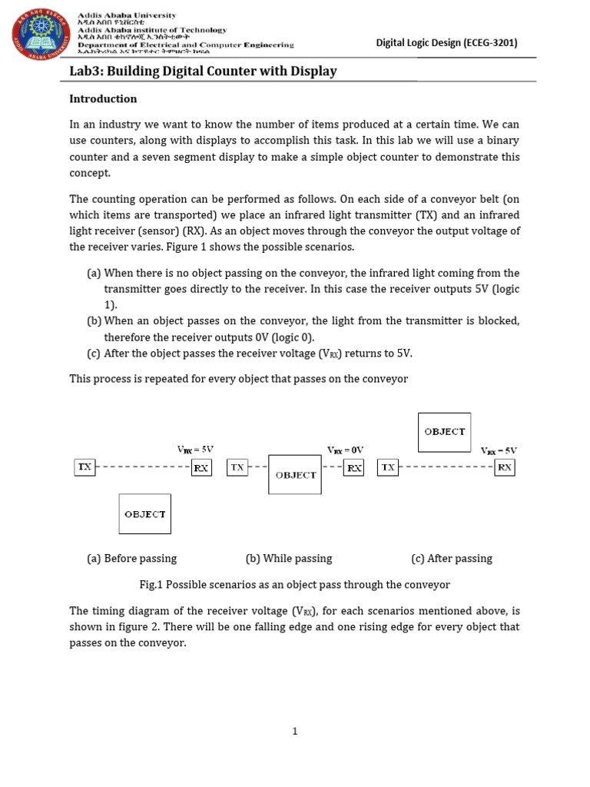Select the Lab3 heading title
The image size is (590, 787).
click(204, 71)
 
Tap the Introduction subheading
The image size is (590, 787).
click(103, 98)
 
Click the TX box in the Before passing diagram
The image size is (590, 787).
click(85, 467)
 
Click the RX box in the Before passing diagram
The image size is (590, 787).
click(201, 467)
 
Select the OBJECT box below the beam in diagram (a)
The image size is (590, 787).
click(144, 513)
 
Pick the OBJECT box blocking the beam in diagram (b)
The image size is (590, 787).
click(295, 475)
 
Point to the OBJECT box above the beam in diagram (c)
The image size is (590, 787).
click(445, 432)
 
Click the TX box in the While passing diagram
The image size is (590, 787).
click(237, 467)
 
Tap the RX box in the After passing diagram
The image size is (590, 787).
click(505, 467)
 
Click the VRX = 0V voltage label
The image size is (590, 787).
click(345, 450)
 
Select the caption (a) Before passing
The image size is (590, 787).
click(131, 558)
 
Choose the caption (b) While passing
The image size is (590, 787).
click(289, 558)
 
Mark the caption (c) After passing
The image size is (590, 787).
click(452, 558)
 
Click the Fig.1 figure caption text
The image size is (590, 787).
click(294, 585)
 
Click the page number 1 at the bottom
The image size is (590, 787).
click(294, 732)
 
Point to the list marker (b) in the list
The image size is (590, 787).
click(94, 320)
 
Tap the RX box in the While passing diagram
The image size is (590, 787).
click(353, 467)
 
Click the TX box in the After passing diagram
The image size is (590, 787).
click(388, 467)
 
